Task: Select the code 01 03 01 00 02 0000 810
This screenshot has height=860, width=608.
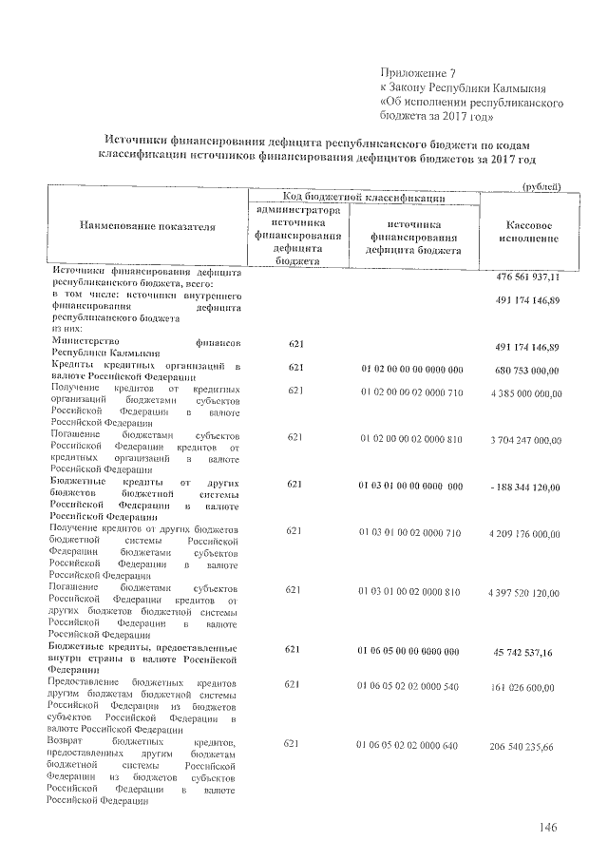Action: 412,591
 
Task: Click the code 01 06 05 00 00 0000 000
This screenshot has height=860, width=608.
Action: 412,650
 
